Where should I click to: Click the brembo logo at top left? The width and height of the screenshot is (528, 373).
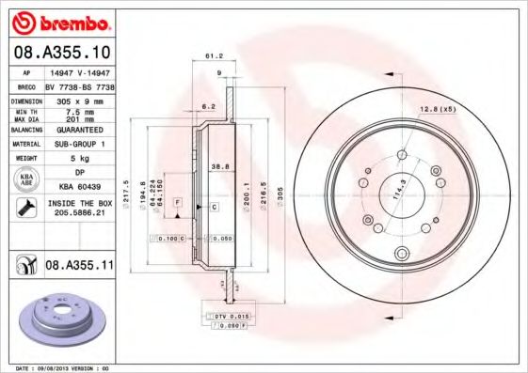[x=65, y=21]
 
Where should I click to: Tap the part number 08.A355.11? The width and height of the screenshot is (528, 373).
[x=80, y=267]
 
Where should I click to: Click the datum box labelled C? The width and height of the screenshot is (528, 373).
[x=214, y=206]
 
